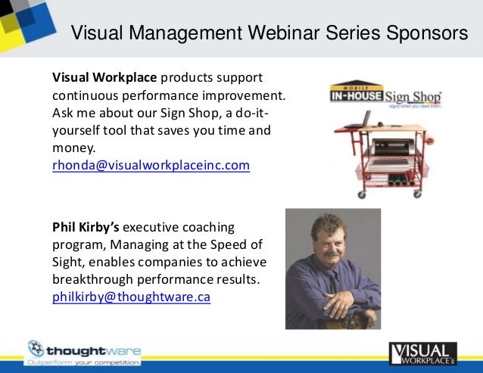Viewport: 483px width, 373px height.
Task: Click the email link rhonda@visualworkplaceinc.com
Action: tap(151, 164)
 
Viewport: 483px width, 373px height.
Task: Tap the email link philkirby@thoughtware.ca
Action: tap(131, 297)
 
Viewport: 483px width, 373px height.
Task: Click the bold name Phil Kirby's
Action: tap(86, 228)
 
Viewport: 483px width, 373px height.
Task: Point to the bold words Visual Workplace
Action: tap(104, 78)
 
